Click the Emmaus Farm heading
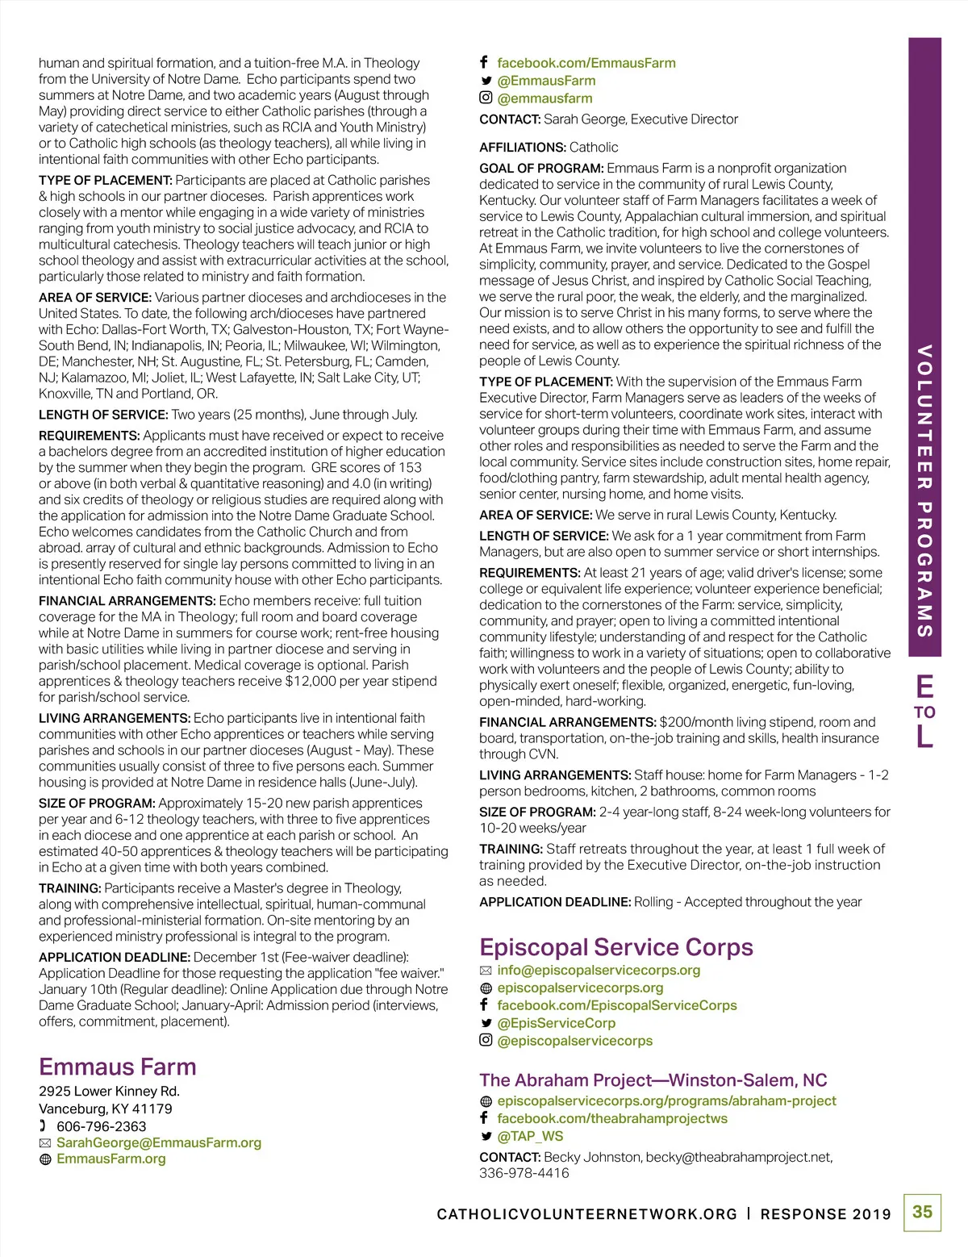tap(118, 1067)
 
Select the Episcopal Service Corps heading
tap(615, 946)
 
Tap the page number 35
tap(922, 1212)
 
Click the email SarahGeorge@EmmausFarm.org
tap(159, 1142)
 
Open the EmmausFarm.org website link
tap(111, 1159)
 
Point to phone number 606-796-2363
tap(101, 1126)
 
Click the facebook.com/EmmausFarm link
tap(586, 63)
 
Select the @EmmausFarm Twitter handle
tap(546, 81)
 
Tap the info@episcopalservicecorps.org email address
tap(599, 970)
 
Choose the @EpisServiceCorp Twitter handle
tap(556, 1023)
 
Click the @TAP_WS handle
tap(530, 1136)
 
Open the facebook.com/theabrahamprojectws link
tap(612, 1118)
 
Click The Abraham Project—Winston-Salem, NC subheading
tap(653, 1080)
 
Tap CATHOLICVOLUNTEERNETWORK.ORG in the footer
tap(586, 1214)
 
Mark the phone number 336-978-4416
tap(524, 1173)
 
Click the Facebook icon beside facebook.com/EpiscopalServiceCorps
tap(484, 1004)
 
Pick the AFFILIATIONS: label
tap(522, 147)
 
